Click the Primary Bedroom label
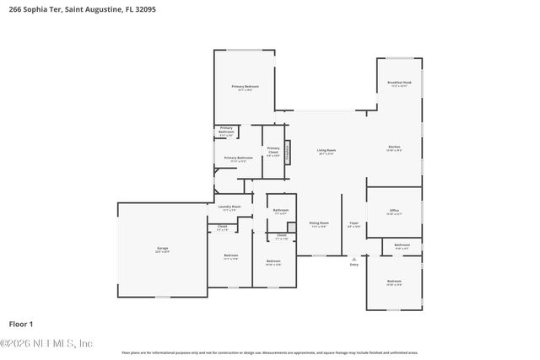(245, 87)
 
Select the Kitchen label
(394, 148)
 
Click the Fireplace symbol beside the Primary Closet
(287, 152)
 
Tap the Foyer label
(354, 224)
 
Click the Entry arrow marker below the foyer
(354, 260)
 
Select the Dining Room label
(318, 224)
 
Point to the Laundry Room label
(229, 207)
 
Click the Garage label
(162, 249)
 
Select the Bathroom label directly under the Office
(402, 245)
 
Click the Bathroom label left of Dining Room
(281, 211)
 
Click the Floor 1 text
(20, 324)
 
